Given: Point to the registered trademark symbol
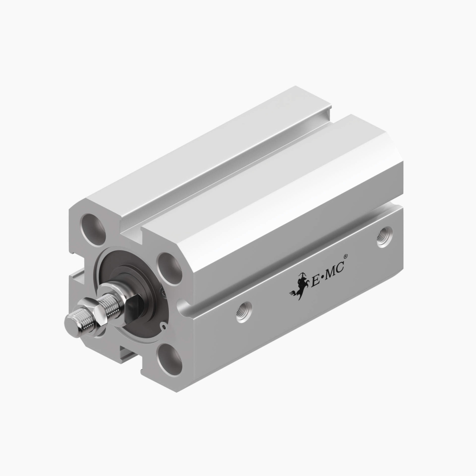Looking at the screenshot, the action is pos(345,257).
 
